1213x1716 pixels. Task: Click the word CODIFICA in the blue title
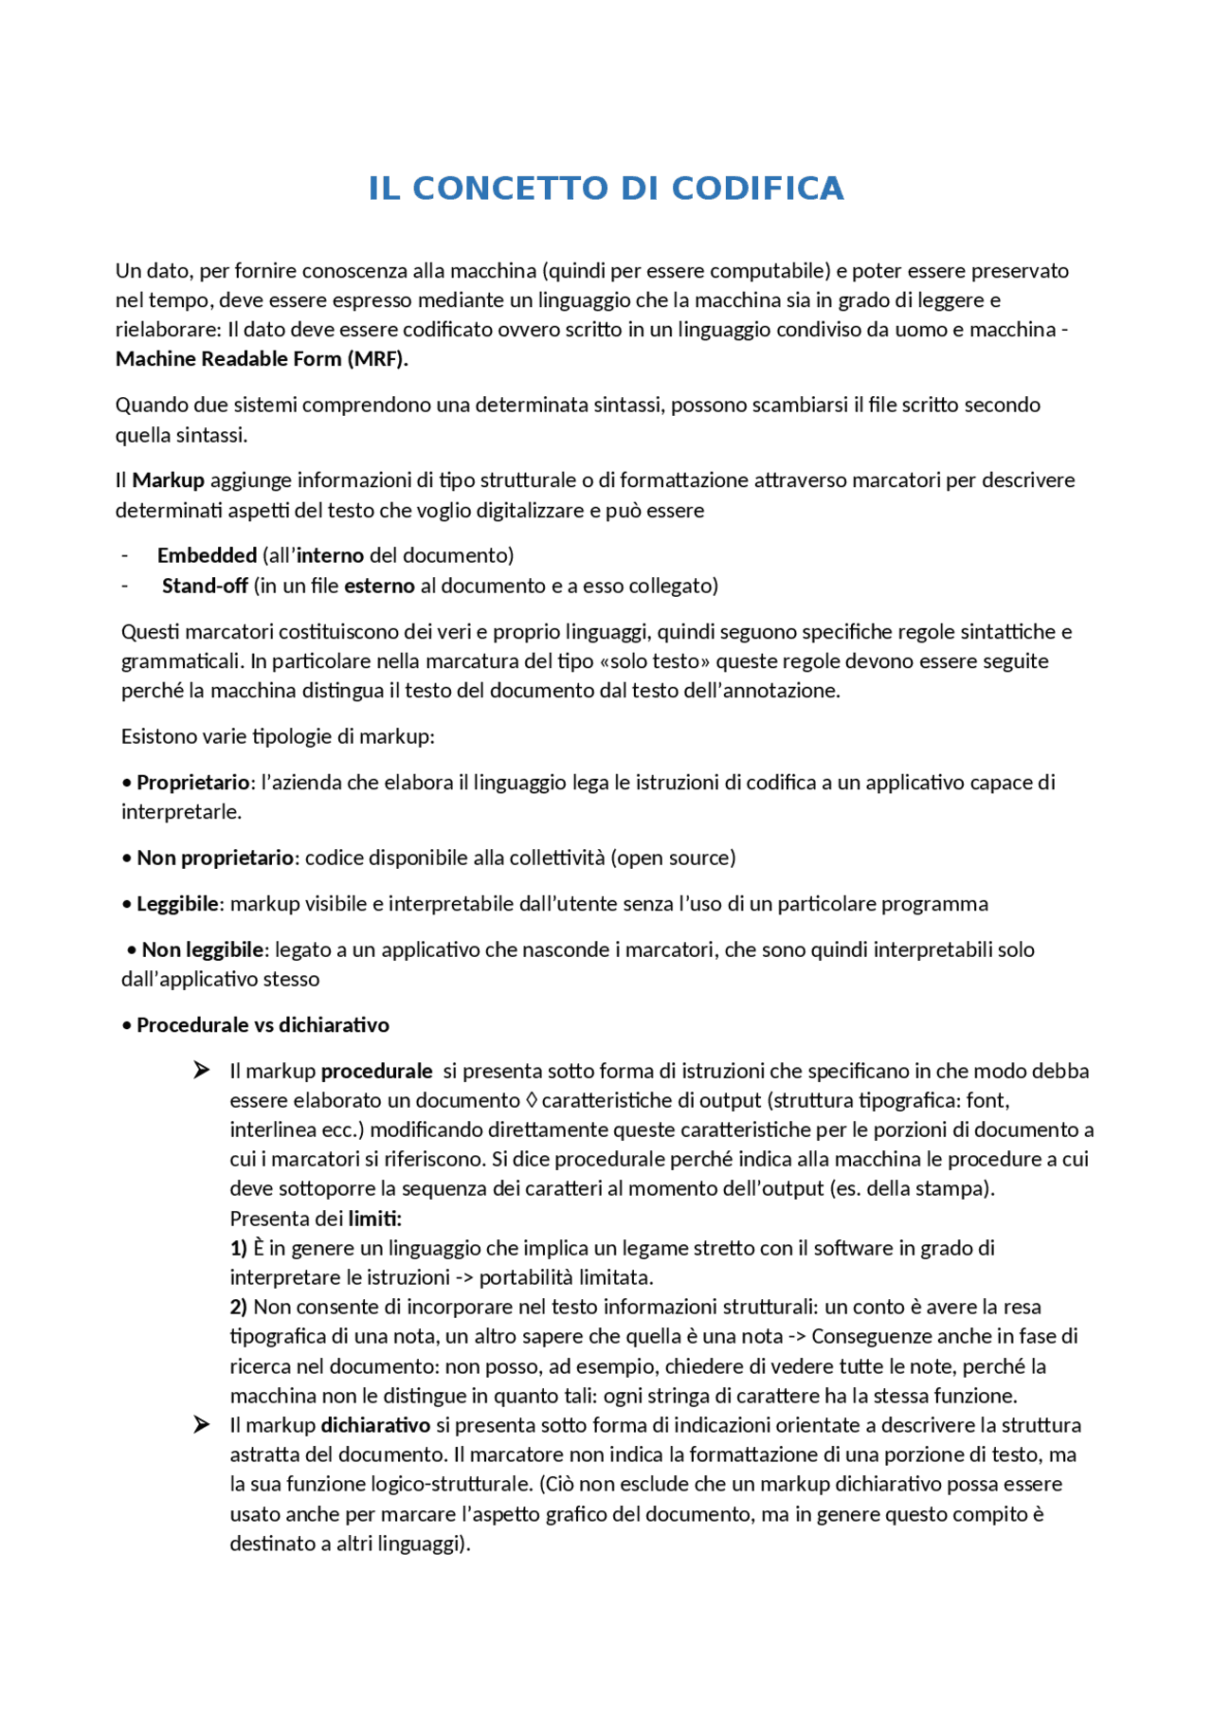click(757, 189)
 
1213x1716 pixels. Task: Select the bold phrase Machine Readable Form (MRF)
click(262, 359)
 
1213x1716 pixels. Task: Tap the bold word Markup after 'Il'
click(168, 480)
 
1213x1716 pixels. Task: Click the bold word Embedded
click(207, 555)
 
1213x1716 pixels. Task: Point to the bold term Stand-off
click(205, 586)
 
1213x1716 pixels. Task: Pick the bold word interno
click(330, 555)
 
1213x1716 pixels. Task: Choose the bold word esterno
click(379, 586)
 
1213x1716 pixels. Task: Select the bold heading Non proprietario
click(215, 858)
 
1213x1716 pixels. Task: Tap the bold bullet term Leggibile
click(177, 904)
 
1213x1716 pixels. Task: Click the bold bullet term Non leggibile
click(203, 949)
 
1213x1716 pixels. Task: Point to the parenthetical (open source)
click(673, 858)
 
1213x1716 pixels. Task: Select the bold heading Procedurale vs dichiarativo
click(263, 1025)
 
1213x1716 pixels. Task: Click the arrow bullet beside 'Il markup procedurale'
click(201, 1071)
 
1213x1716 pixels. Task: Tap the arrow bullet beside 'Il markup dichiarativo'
click(201, 1425)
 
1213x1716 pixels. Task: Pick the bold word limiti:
click(374, 1219)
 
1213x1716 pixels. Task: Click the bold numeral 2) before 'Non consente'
click(238, 1308)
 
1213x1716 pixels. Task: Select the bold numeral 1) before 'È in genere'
click(238, 1249)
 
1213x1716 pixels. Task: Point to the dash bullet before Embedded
click(124, 555)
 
